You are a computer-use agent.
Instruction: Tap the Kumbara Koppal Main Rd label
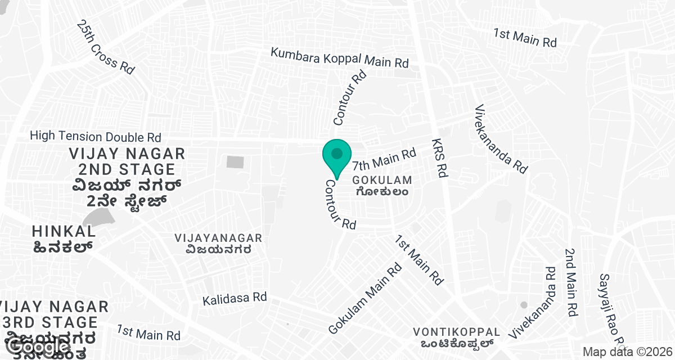pos(339,58)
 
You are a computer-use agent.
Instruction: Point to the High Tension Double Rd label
pos(96,136)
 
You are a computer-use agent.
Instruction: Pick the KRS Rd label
pos(439,158)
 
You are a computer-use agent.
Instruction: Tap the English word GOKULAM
pos(382,181)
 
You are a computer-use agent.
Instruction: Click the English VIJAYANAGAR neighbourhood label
pos(218,238)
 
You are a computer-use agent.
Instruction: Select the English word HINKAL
pos(64,231)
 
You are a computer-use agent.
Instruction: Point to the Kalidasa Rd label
pos(235,298)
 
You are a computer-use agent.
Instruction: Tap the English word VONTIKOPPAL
pos(456,331)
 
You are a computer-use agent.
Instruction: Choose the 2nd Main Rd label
pos(572,282)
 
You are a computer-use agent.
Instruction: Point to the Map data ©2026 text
pos(627,352)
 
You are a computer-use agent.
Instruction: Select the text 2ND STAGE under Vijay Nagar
pos(127,169)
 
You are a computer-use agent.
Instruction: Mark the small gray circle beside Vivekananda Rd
pos(524,305)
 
